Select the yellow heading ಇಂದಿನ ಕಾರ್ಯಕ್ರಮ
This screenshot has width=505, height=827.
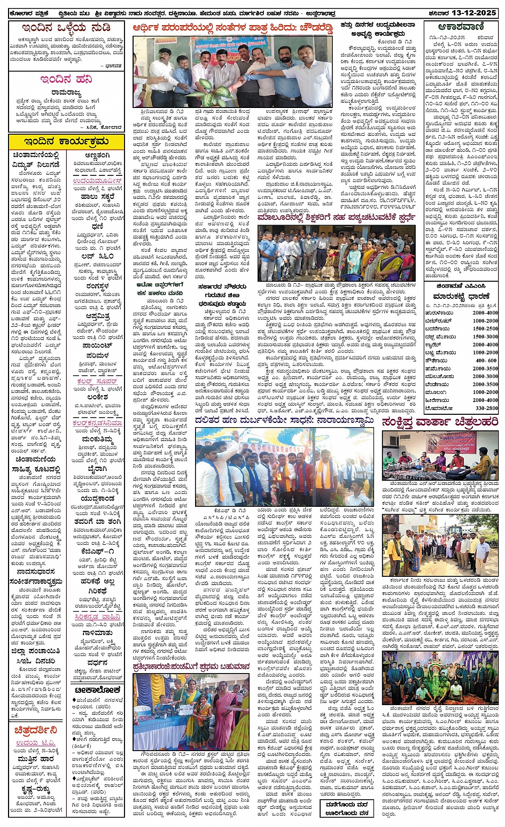[66, 141]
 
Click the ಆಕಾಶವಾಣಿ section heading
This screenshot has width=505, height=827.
[460, 26]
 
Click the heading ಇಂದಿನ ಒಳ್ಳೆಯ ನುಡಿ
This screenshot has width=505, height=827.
[66, 28]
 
